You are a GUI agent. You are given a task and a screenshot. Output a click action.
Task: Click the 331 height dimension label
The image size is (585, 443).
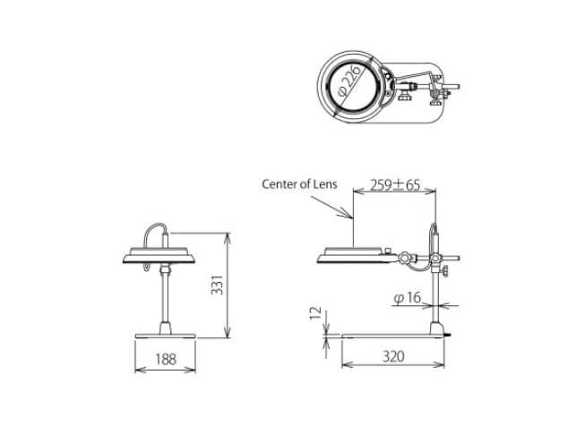217,285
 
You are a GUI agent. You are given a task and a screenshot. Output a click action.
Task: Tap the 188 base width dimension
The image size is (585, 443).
166,359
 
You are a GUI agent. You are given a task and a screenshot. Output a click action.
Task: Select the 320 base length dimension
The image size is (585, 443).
393,356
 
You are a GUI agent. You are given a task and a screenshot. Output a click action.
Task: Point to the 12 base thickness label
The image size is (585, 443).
315,313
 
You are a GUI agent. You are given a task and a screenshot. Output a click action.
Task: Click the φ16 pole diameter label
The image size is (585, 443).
407,298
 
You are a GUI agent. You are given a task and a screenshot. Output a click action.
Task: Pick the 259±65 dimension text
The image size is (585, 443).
395,184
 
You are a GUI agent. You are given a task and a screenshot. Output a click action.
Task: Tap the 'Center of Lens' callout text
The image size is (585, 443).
299,184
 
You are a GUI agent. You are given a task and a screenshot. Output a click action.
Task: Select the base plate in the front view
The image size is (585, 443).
165,337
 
